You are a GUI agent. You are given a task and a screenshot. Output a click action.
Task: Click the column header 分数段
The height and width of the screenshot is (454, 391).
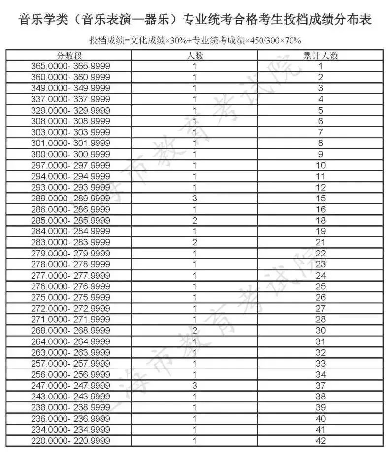[68, 56]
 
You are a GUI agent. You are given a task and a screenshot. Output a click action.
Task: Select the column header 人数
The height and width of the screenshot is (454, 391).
[195, 56]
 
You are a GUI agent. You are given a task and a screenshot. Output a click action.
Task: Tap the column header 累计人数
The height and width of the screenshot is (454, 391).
[321, 56]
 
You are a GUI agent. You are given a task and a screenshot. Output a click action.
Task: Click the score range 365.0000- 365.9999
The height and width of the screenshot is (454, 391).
[70, 66]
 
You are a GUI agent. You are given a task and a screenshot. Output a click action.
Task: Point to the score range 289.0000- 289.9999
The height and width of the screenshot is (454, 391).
[70, 198]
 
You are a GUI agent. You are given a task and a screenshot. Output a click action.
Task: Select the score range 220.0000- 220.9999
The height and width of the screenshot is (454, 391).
[70, 441]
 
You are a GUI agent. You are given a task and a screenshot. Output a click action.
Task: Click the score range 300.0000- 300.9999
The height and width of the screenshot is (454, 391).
[70, 154]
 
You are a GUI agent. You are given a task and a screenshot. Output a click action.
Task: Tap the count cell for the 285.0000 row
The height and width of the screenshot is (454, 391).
[195, 220]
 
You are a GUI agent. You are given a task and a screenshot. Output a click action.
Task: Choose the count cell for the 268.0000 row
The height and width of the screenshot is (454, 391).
[195, 330]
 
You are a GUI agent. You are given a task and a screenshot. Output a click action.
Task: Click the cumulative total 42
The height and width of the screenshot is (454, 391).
[321, 441]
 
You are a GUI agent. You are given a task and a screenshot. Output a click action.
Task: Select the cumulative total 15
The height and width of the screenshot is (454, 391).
[321, 198]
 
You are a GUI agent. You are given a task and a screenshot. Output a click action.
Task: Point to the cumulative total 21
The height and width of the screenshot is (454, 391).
[321, 242]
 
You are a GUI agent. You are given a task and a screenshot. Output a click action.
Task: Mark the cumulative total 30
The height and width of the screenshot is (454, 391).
[321, 330]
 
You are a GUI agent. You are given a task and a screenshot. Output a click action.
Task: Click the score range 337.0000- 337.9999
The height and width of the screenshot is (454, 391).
[70, 99]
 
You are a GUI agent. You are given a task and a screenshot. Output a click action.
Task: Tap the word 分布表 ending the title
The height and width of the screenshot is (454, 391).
[356, 20]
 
